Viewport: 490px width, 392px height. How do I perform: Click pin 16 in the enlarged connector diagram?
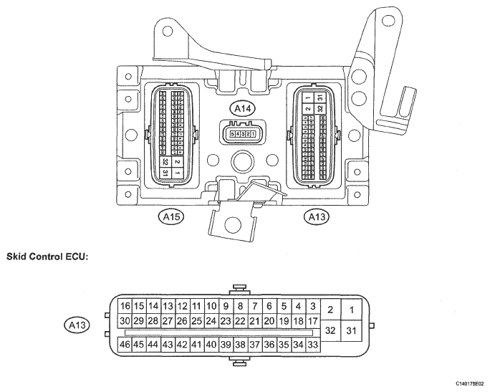(124, 306)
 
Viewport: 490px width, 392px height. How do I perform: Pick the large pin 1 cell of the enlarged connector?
(351, 310)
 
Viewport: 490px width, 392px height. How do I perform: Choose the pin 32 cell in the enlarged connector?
(330, 330)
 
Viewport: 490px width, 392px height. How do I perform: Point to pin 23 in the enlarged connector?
(226, 321)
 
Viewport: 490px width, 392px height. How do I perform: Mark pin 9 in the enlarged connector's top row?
(226, 306)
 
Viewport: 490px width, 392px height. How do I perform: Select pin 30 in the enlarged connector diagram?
(124, 321)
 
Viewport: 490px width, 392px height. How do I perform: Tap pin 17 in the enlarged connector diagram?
(313, 321)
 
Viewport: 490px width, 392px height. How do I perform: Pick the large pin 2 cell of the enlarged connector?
(330, 310)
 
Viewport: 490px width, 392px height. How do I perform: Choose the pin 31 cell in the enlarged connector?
(351, 330)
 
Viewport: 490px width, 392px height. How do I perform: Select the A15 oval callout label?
(171, 215)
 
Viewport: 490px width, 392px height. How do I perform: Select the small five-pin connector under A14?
(241, 134)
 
